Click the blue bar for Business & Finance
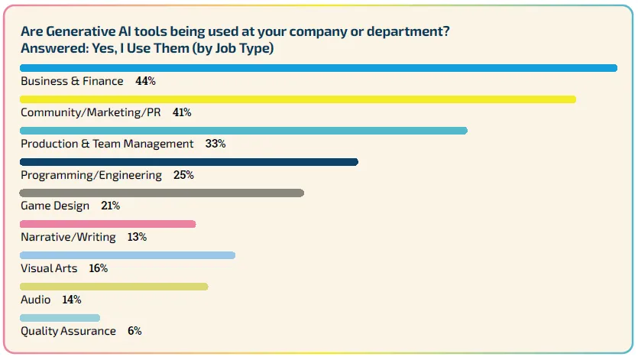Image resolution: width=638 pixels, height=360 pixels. pyautogui.click(x=318, y=68)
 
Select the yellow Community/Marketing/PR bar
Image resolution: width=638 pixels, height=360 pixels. pyautogui.click(x=297, y=99)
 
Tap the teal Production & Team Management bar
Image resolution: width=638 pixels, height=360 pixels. pyautogui.click(x=243, y=131)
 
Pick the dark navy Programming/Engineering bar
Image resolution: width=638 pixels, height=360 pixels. pyautogui.click(x=189, y=162)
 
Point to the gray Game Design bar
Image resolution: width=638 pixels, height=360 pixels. pyautogui.click(x=161, y=193)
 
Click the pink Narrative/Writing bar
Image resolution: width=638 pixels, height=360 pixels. pyautogui.click(x=108, y=224)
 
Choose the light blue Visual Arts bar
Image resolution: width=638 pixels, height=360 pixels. pyautogui.click(x=128, y=255)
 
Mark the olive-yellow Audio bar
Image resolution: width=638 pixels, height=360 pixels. pyautogui.click(x=114, y=287)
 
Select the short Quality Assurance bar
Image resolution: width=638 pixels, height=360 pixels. pyautogui.click(x=60, y=318)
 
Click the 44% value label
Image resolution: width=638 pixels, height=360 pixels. pyautogui.click(x=145, y=81)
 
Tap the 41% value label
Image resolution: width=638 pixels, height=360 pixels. pyautogui.click(x=182, y=112)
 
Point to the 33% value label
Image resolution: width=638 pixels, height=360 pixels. pyautogui.click(x=215, y=144)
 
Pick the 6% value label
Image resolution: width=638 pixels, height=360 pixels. pyautogui.click(x=134, y=331)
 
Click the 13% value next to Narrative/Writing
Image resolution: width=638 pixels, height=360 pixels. pyautogui.click(x=137, y=237)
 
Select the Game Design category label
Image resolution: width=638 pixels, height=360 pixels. pyautogui.click(x=55, y=206)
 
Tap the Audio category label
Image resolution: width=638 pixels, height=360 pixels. pyautogui.click(x=36, y=300)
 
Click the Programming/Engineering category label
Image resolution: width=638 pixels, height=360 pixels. pyautogui.click(x=91, y=175)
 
